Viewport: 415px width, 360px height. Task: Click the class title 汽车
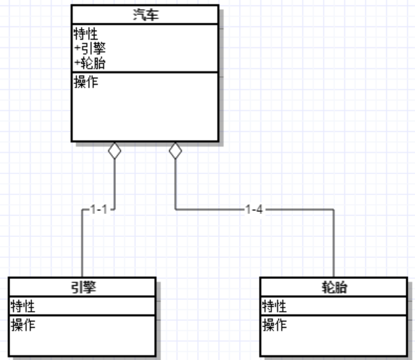click(146, 15)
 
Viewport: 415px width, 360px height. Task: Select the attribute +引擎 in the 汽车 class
click(90, 48)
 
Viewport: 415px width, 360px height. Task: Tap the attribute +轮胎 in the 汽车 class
click(90, 63)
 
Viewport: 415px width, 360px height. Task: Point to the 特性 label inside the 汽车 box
click(86, 34)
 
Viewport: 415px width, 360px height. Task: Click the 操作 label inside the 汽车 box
click(86, 82)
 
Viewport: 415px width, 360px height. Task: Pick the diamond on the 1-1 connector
click(115, 151)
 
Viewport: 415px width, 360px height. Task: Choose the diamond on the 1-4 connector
click(175, 151)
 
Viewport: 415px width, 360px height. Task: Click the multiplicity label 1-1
click(99, 209)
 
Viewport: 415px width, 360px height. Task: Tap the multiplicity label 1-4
click(254, 209)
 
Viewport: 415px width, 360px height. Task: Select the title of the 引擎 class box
click(83, 287)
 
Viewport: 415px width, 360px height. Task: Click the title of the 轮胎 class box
click(334, 287)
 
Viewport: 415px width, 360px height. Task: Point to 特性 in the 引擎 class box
click(23, 306)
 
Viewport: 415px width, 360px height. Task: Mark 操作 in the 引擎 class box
click(23, 325)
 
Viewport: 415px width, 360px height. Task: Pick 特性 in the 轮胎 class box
click(274, 306)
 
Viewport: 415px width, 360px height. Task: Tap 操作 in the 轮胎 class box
click(274, 325)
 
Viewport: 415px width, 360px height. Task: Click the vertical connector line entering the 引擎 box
click(82, 243)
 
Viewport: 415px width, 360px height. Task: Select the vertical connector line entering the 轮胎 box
click(333, 243)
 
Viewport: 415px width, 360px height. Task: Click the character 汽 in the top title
click(140, 15)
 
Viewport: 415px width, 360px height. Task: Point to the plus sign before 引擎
click(78, 48)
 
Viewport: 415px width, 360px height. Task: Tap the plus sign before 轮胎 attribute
click(78, 63)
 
